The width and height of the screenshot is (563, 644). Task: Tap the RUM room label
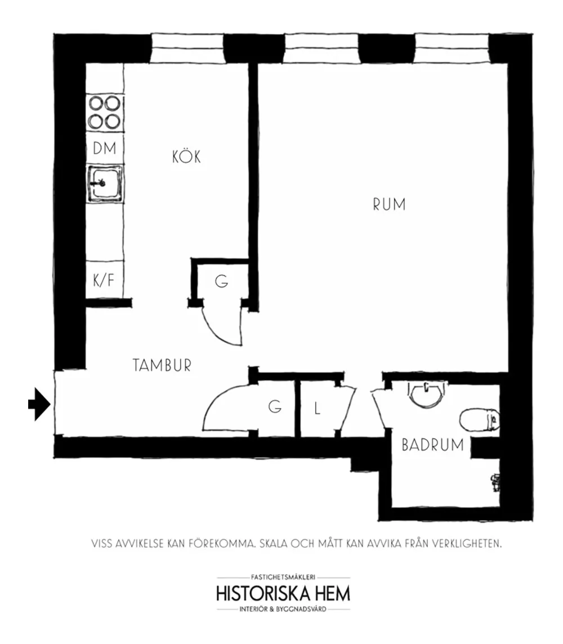click(389, 204)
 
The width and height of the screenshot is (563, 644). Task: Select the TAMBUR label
click(162, 365)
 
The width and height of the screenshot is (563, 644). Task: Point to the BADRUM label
click(432, 445)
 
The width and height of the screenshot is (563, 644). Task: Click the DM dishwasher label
click(104, 148)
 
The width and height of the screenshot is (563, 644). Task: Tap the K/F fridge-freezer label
click(104, 280)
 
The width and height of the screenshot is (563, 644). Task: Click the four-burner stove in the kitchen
click(105, 113)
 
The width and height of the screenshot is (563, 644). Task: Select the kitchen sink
click(105, 183)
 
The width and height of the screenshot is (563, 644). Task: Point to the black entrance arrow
click(39, 404)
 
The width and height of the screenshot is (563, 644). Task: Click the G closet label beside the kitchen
click(221, 281)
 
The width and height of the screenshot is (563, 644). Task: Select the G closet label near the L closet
click(275, 406)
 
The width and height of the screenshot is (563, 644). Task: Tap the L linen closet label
click(317, 409)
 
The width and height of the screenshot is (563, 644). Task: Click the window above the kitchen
click(187, 48)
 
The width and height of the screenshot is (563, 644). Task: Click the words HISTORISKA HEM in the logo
click(283, 593)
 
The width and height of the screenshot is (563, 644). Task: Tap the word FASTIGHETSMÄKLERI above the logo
click(283, 577)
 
